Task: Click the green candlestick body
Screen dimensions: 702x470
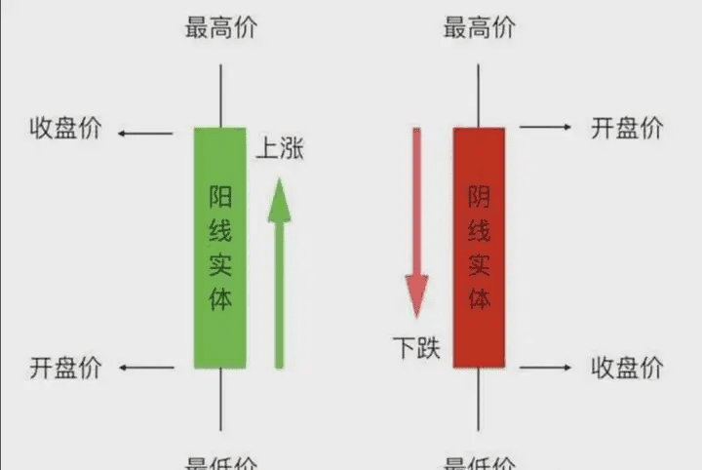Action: click(219, 248)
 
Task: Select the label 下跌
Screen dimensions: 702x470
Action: click(416, 346)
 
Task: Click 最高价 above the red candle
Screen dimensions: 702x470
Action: click(479, 27)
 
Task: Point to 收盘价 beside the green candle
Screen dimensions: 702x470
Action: click(64, 129)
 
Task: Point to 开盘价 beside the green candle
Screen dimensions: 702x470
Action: click(64, 368)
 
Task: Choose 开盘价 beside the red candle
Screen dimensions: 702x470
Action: click(627, 128)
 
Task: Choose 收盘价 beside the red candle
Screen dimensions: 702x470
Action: click(627, 368)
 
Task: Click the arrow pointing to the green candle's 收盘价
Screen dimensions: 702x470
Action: click(146, 130)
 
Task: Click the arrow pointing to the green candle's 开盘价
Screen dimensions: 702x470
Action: click(146, 369)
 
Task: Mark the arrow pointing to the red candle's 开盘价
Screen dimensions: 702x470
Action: click(545, 128)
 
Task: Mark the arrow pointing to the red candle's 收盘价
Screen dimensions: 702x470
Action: click(545, 368)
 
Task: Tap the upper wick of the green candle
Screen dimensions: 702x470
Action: click(220, 96)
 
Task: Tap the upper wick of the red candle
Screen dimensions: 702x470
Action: click(479, 96)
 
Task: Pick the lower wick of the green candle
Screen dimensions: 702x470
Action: click(220, 400)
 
